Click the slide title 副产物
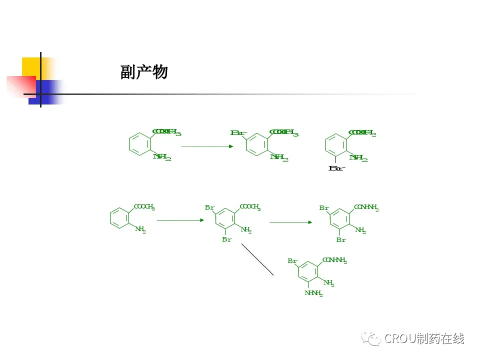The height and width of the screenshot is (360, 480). tap(143, 73)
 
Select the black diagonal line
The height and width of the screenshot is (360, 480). tap(257, 259)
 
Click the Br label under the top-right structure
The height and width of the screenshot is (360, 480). tap(336, 168)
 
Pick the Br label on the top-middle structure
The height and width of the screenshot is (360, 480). tap(238, 133)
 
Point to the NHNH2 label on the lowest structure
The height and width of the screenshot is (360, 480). tap(313, 293)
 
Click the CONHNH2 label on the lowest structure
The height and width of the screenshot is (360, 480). tap(334, 260)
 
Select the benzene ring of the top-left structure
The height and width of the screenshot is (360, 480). tap(138, 144)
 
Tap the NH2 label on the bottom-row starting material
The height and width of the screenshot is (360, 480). tap(140, 230)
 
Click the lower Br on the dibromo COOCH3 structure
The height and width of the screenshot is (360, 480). tap(227, 240)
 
